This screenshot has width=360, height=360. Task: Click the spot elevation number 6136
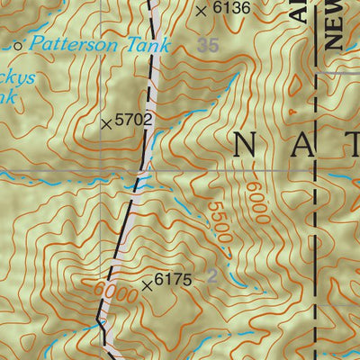pyautogui.click(x=230, y=9)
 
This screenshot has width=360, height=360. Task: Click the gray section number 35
pyautogui.click(x=209, y=44)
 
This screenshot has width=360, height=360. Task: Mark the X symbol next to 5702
pyautogui.click(x=108, y=122)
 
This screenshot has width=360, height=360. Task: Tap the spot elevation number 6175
pyautogui.click(x=174, y=281)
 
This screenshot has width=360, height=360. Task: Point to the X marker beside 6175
pyautogui.click(x=148, y=285)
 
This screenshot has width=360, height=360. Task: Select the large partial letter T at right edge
pyautogui.click(x=352, y=144)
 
